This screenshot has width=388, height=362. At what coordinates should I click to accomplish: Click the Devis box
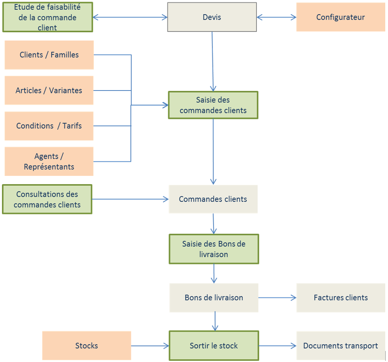pos(212,17)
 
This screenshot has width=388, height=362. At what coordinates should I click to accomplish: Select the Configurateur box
pos(341,17)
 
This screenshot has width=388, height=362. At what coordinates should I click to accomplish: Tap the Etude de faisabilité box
pos(47,17)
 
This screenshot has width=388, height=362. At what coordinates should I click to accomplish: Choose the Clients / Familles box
pos(49,55)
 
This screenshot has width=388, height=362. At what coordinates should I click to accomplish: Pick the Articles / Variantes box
pos(49,90)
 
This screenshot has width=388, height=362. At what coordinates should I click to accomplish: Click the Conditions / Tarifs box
pos(49,126)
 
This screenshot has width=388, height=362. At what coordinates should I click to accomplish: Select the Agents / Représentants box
pos(49,161)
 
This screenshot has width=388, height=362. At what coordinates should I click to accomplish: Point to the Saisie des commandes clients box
pos(213,105)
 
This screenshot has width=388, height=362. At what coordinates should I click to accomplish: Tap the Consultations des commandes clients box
pos(47,199)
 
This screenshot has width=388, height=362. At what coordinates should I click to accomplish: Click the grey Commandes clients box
pos(213,199)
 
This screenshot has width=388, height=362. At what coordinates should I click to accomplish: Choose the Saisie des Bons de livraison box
pos(214,249)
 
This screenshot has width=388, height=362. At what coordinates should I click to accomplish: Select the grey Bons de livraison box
pos(214,297)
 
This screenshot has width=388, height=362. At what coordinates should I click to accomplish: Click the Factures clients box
pos(341,297)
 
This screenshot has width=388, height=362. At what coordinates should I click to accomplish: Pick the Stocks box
pos(87,345)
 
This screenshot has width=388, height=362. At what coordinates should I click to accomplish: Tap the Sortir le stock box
pos(214,345)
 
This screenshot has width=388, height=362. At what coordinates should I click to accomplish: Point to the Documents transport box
pos(341,345)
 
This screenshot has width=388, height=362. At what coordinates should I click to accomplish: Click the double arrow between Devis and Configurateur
pos(277,17)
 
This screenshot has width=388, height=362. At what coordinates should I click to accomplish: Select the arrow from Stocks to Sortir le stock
pos(150,346)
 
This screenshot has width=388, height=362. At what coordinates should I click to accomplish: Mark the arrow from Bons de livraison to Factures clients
pos(277,298)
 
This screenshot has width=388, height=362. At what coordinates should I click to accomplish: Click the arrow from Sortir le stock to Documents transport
pos(277,346)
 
